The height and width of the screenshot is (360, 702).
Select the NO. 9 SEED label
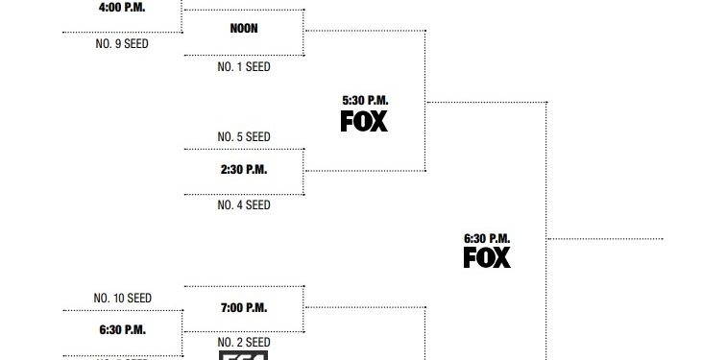coord(122,43)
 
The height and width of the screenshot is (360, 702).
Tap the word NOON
coord(244,28)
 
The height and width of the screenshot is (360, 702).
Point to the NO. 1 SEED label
coord(244,67)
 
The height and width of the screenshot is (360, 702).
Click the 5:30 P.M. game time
coord(365,100)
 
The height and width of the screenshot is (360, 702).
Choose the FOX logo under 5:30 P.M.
coord(365,121)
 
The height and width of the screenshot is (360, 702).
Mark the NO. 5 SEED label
coord(244,136)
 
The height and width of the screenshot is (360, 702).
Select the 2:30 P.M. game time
coord(244,170)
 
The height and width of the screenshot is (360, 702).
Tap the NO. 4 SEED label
coord(244,204)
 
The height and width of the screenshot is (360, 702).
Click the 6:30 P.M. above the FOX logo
coord(487,238)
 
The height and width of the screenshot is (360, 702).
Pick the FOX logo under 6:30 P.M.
coord(487,257)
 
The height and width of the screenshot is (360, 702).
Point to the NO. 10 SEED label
coord(122,298)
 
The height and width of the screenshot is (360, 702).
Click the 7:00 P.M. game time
coord(244,308)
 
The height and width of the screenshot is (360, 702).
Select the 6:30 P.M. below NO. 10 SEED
coord(122,329)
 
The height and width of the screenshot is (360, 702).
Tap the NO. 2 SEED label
coord(244,342)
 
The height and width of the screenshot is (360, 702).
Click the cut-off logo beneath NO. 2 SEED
coord(244,355)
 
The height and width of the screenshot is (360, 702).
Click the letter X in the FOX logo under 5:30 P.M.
coord(380,121)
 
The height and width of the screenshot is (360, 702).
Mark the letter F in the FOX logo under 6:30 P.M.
coord(471,257)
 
